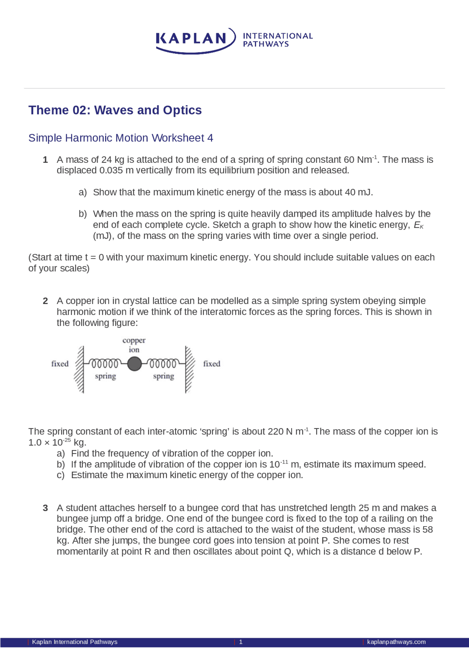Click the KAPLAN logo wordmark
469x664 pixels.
tap(191, 38)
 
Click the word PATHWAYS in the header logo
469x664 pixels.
tap(266, 44)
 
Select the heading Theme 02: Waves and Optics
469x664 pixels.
tap(115, 110)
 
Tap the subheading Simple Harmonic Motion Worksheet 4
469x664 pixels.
tap(121, 138)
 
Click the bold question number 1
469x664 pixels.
tap(45, 160)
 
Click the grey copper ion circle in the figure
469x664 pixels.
tap(134, 364)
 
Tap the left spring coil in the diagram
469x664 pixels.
tap(105, 364)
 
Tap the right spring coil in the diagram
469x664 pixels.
tap(163, 364)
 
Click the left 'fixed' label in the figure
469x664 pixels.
tap(60, 364)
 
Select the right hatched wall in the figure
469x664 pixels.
tap(189, 369)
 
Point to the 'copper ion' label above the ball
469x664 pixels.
tap(134, 345)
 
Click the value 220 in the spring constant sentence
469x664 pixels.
tap(276, 432)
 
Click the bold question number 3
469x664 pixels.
tap(45, 508)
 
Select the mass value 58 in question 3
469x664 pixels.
tap(427, 530)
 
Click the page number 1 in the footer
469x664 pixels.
tap(241, 642)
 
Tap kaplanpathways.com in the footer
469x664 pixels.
tap(396, 642)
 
